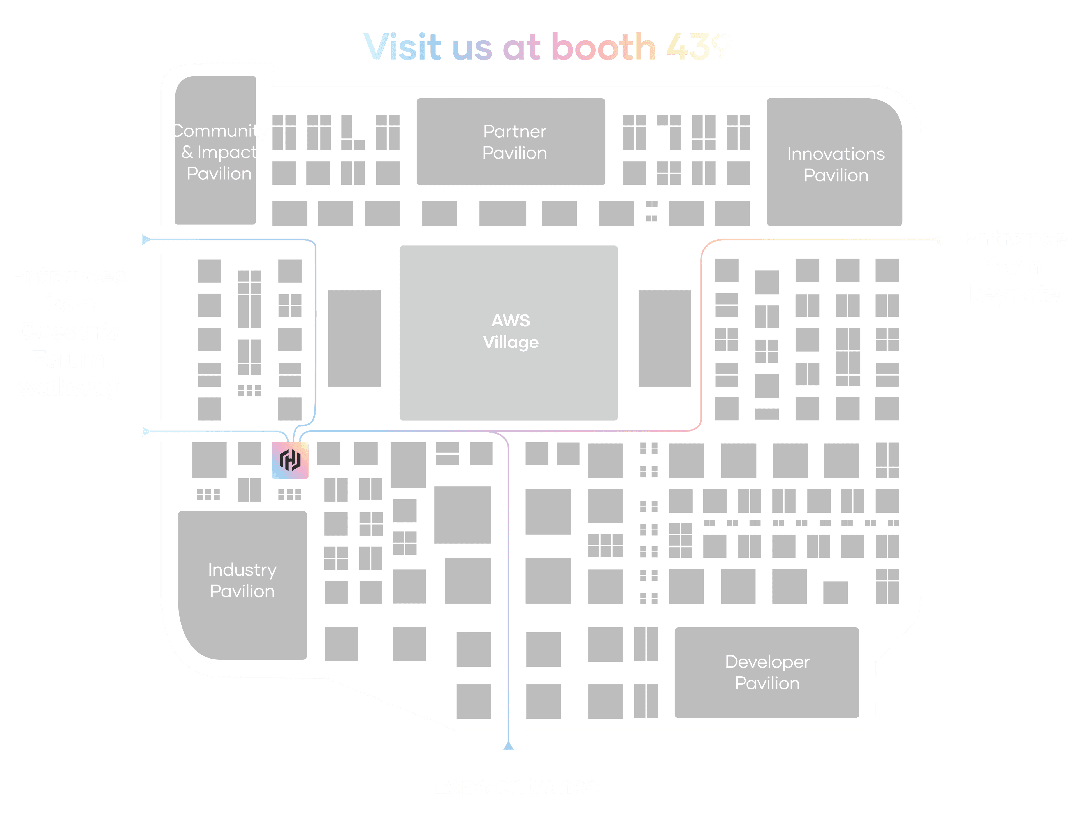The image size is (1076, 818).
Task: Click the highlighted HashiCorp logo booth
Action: pos(290,460)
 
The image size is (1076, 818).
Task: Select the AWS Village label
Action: pos(510,332)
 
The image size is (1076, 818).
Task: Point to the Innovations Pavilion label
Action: pos(836,164)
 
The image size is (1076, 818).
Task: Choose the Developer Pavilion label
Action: pos(767,672)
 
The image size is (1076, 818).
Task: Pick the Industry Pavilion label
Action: pos(242,580)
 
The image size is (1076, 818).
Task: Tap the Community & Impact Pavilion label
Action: pos(219,152)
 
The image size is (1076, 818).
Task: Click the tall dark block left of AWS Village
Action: pos(354,339)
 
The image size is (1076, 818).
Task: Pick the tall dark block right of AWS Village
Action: pos(665,339)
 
